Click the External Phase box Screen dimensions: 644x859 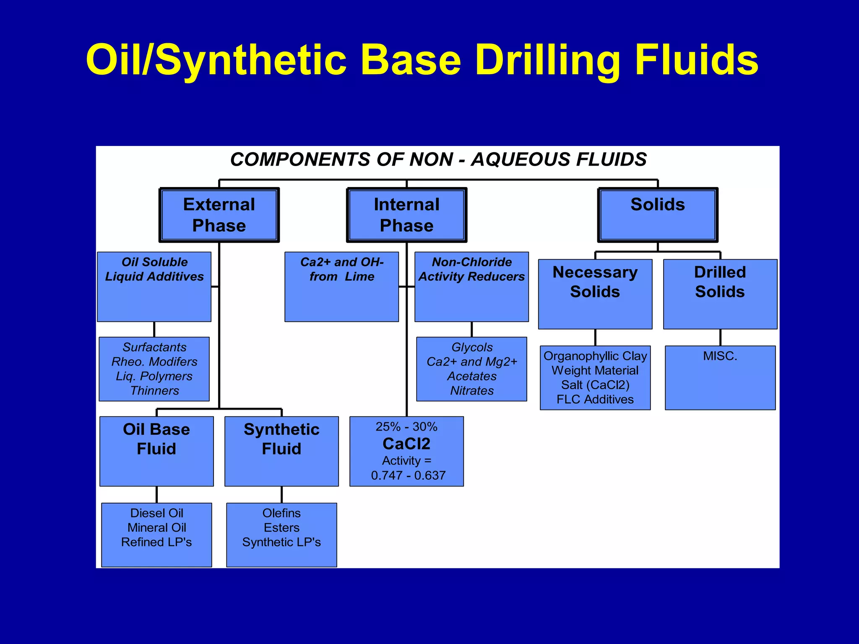(219, 215)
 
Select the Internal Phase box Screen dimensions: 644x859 (406, 215)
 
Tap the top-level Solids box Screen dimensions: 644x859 (657, 215)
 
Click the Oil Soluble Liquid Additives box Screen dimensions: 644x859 (154, 286)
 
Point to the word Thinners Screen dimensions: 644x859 (154, 391)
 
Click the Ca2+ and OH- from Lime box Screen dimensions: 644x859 (341, 286)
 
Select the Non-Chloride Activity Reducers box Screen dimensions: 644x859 (471, 286)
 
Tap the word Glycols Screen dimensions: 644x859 (472, 347)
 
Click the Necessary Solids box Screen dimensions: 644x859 (595, 293)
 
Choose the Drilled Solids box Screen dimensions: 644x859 (720, 293)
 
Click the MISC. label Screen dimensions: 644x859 (720, 356)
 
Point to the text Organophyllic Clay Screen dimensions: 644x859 (595, 356)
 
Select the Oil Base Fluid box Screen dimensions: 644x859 (156, 451)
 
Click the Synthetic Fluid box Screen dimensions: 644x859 (281, 451)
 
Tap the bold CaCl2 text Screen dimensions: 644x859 (406, 444)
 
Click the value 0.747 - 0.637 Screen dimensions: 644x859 (408, 475)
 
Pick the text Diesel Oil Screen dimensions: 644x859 (156, 513)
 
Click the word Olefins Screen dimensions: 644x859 (281, 513)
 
